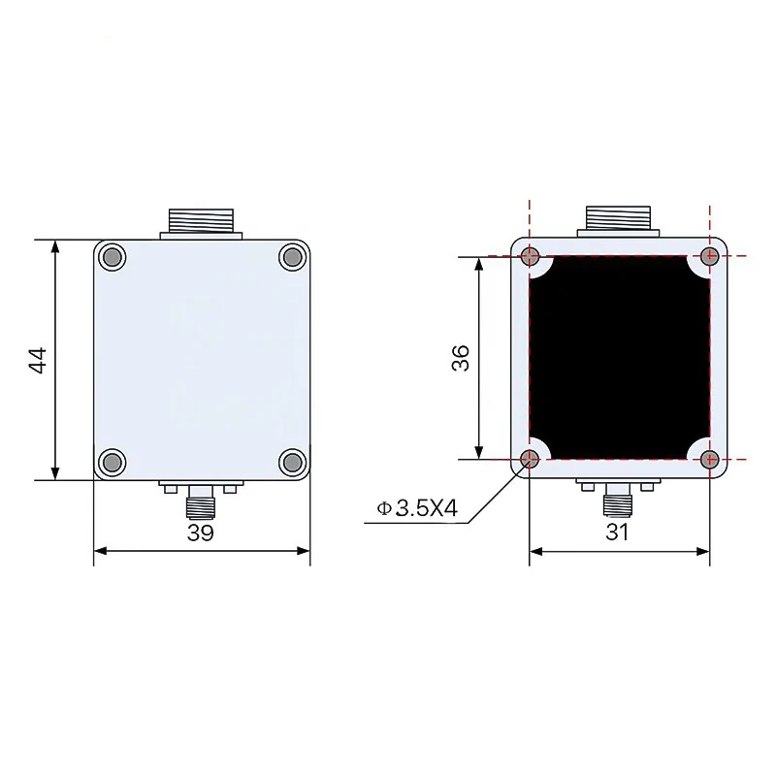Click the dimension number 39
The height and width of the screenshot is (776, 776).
pos(201,533)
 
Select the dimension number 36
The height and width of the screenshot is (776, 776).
pos(461,358)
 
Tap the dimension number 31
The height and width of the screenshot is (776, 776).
pos(618,533)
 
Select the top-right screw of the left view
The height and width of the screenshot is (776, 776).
pos(291,257)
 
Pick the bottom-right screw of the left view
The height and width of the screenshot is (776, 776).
pos(291,462)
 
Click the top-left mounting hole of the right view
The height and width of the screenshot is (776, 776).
pos(530,257)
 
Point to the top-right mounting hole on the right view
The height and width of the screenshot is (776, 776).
pos(710,257)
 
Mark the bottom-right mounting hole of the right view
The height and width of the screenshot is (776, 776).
pos(710,459)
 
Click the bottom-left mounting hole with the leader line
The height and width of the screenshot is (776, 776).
pos(530,459)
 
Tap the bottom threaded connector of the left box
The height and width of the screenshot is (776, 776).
pos(202,503)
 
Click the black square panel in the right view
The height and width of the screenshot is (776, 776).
pos(620,358)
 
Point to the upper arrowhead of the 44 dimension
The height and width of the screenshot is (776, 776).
pos(56,248)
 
